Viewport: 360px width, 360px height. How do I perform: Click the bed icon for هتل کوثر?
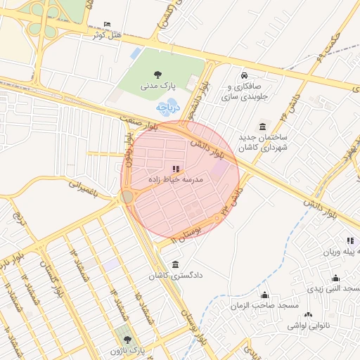click(x=107, y=24)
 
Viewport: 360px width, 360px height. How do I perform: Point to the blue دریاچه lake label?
click(x=169, y=108)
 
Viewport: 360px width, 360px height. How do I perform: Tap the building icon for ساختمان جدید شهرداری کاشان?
click(x=262, y=127)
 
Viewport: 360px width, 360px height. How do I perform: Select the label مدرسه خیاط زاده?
click(x=175, y=179)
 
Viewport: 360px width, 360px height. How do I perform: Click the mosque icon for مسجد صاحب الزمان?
click(x=264, y=295)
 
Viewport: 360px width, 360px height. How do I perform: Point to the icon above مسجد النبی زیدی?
click(x=335, y=278)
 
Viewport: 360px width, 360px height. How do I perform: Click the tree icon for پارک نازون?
click(x=127, y=339)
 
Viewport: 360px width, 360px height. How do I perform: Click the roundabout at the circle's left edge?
click(x=127, y=198)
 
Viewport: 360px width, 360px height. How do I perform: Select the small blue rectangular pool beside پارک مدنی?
click(x=136, y=53)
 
